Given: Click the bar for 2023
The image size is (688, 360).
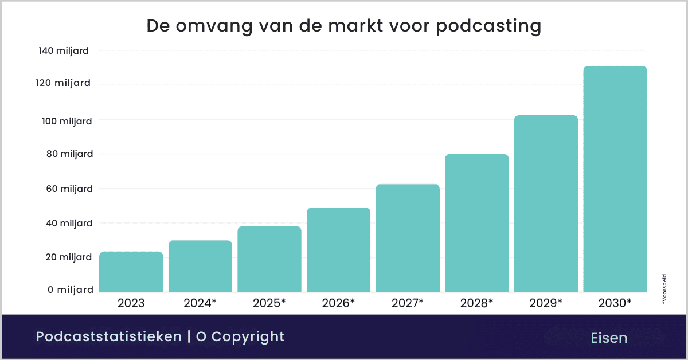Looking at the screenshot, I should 131,272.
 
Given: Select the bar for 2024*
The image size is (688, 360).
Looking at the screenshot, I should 200,266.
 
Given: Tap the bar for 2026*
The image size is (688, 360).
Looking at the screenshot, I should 338,250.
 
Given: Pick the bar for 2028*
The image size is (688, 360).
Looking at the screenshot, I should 476,223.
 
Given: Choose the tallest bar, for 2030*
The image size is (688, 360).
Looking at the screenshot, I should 615,179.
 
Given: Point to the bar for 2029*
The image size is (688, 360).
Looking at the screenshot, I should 546,204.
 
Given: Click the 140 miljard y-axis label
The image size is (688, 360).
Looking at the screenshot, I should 64,51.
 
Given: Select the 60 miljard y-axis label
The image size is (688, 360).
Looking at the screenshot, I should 66,189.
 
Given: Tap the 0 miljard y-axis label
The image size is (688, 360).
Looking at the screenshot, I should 68,290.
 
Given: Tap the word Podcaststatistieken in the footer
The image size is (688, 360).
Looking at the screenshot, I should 108,336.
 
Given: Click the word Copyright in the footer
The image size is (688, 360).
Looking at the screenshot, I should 248,336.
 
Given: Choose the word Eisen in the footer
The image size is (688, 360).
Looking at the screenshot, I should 609,338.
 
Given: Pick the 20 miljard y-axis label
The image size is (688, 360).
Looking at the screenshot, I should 66,257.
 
